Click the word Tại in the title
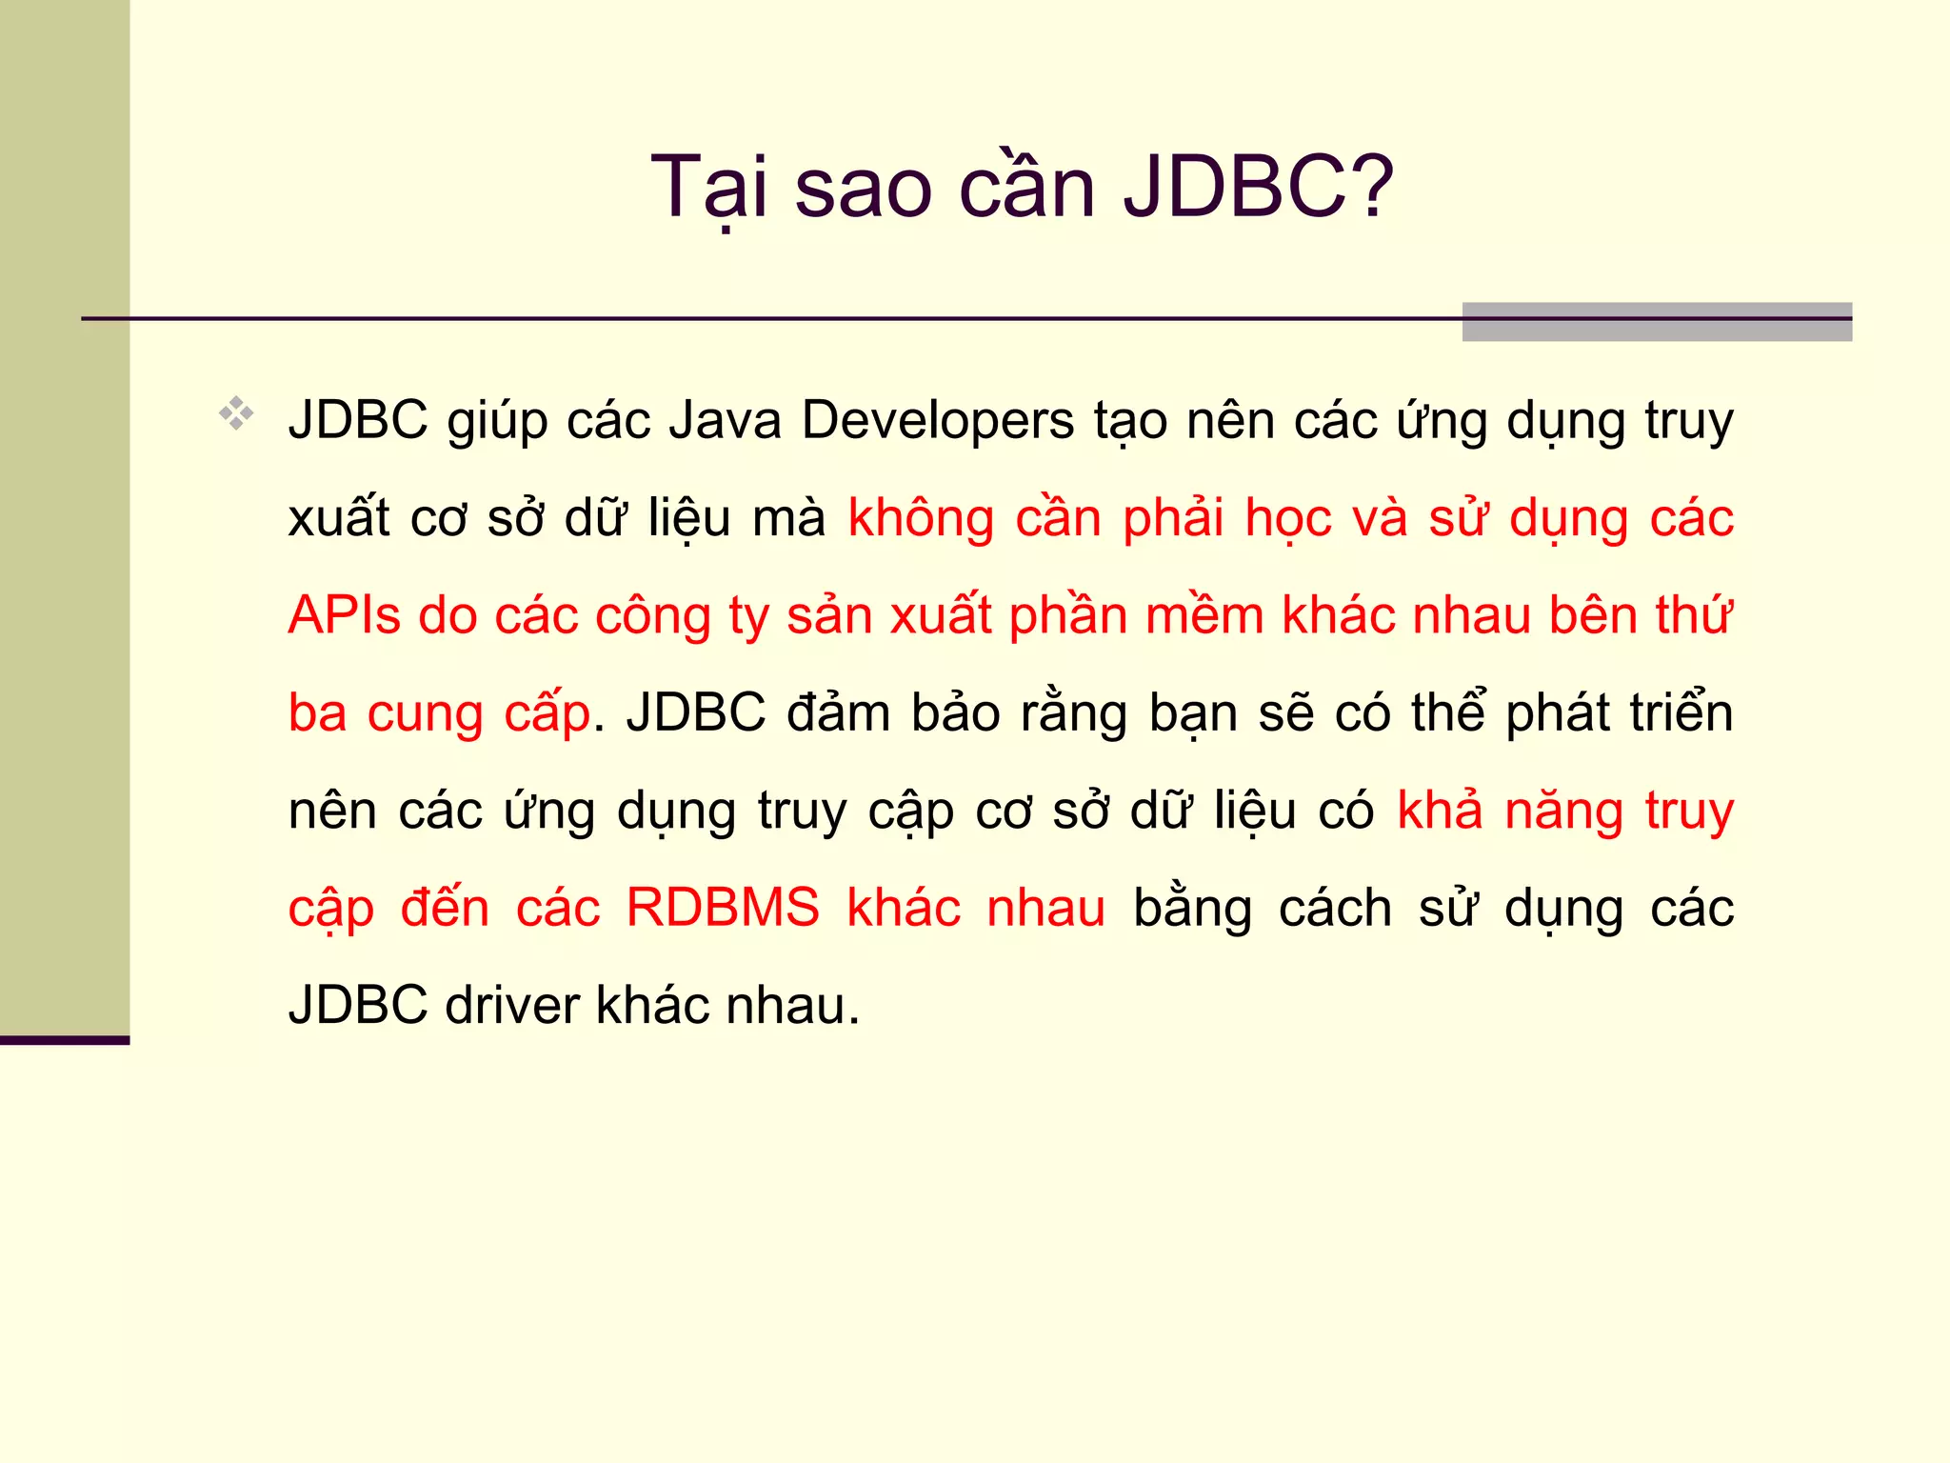tap(708, 188)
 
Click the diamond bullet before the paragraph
tap(236, 413)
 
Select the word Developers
tap(938, 421)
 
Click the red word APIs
tap(344, 615)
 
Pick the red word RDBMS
tap(723, 907)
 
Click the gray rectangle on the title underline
tap(1656, 322)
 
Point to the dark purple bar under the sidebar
tap(64, 1040)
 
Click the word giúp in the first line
tap(497, 423)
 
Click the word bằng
tap(1192, 908)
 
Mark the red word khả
tap(1440, 810)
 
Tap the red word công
tap(653, 617)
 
